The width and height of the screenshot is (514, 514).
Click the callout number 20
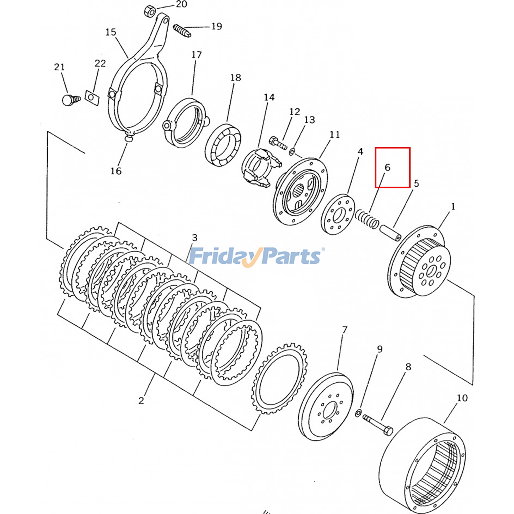click(x=182, y=4)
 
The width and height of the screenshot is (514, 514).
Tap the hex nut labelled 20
click(x=150, y=11)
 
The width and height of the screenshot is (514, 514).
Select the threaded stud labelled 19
click(x=182, y=31)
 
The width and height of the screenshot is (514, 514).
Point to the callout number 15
click(x=111, y=32)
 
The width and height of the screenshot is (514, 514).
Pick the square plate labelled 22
click(x=92, y=97)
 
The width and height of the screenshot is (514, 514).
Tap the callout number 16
click(x=116, y=171)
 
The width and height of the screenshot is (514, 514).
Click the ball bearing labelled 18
click(x=223, y=145)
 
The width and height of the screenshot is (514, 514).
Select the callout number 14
click(x=269, y=97)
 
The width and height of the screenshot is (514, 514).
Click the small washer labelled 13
click(x=292, y=151)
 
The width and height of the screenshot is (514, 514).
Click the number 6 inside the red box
click(x=387, y=167)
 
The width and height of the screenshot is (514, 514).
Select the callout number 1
click(x=453, y=207)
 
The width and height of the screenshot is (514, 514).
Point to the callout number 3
click(x=195, y=238)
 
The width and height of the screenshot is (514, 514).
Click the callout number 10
click(x=462, y=398)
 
